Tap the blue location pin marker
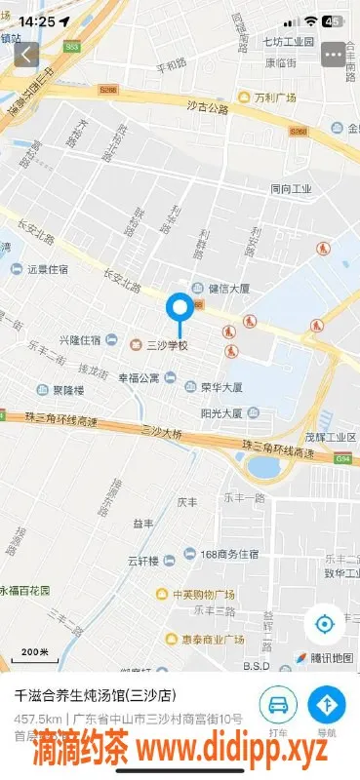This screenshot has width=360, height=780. (x=179, y=310)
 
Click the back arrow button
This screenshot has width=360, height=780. (x=26, y=55)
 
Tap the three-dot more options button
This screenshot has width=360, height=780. (x=335, y=55)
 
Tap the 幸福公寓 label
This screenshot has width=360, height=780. (x=139, y=377)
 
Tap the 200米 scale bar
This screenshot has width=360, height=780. (x=35, y=651)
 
